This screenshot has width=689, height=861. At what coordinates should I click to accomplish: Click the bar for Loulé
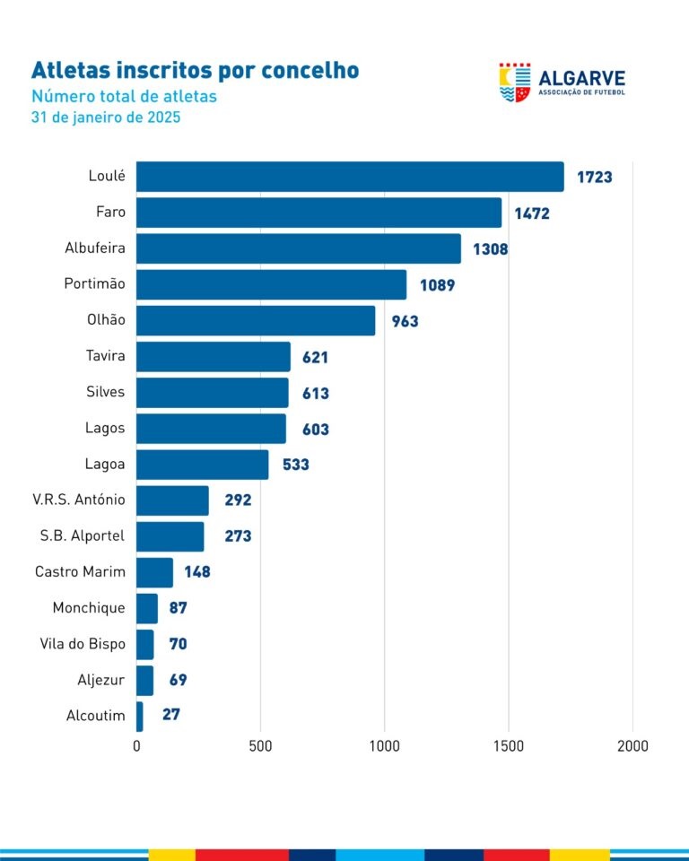[x=350, y=177]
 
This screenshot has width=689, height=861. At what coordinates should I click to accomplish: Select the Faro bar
[x=318, y=213]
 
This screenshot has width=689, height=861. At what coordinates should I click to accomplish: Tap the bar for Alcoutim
[x=140, y=716]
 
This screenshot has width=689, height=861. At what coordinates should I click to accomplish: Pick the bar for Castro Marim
[x=154, y=572]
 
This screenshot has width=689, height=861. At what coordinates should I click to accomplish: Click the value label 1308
[x=491, y=249]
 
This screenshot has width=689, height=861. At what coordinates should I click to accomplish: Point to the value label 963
[x=404, y=321]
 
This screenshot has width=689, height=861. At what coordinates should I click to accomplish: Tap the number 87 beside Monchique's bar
[x=178, y=608]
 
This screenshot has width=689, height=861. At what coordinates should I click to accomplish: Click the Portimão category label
[x=94, y=284]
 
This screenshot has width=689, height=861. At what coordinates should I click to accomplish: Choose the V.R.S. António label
[x=79, y=500]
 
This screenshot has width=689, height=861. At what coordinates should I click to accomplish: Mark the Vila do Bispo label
[x=83, y=644]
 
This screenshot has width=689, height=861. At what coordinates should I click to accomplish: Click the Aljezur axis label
[x=101, y=680]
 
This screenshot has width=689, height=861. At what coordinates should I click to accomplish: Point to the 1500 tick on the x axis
[x=509, y=746]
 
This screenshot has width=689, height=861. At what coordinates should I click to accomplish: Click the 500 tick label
[x=260, y=746]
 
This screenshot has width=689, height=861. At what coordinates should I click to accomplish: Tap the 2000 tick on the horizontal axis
[x=632, y=746]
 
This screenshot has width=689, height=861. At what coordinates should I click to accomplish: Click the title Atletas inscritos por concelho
[x=195, y=71]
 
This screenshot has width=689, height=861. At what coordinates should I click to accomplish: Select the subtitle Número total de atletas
[x=124, y=97]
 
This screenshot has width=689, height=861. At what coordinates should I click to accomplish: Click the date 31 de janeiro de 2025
[x=106, y=117]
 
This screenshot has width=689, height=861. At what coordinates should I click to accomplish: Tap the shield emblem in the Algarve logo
[x=515, y=82]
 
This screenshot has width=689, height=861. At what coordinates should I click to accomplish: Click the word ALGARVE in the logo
[x=581, y=78]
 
